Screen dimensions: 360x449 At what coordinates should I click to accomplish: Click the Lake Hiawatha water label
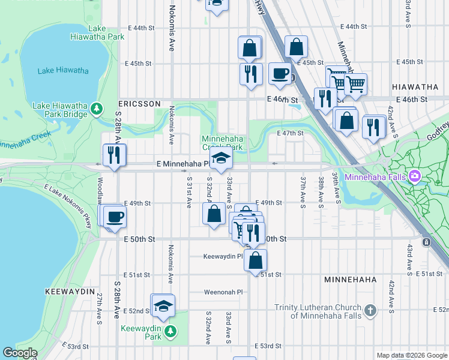63,70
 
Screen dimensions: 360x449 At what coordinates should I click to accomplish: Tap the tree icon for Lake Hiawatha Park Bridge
97,110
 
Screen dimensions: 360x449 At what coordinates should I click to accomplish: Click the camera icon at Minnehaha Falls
414,176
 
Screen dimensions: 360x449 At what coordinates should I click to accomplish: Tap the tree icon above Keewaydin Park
171,331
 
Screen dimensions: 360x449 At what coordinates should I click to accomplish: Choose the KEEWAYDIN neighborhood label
70,291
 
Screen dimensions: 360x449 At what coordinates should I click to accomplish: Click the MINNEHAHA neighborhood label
350,280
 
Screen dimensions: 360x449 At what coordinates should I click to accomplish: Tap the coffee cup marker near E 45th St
280,74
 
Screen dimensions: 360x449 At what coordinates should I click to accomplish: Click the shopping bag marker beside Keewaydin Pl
255,260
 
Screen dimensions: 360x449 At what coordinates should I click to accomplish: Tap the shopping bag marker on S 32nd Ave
214,214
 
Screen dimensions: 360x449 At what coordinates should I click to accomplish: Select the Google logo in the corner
20,353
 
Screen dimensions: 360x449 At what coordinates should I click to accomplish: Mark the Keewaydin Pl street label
222,256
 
